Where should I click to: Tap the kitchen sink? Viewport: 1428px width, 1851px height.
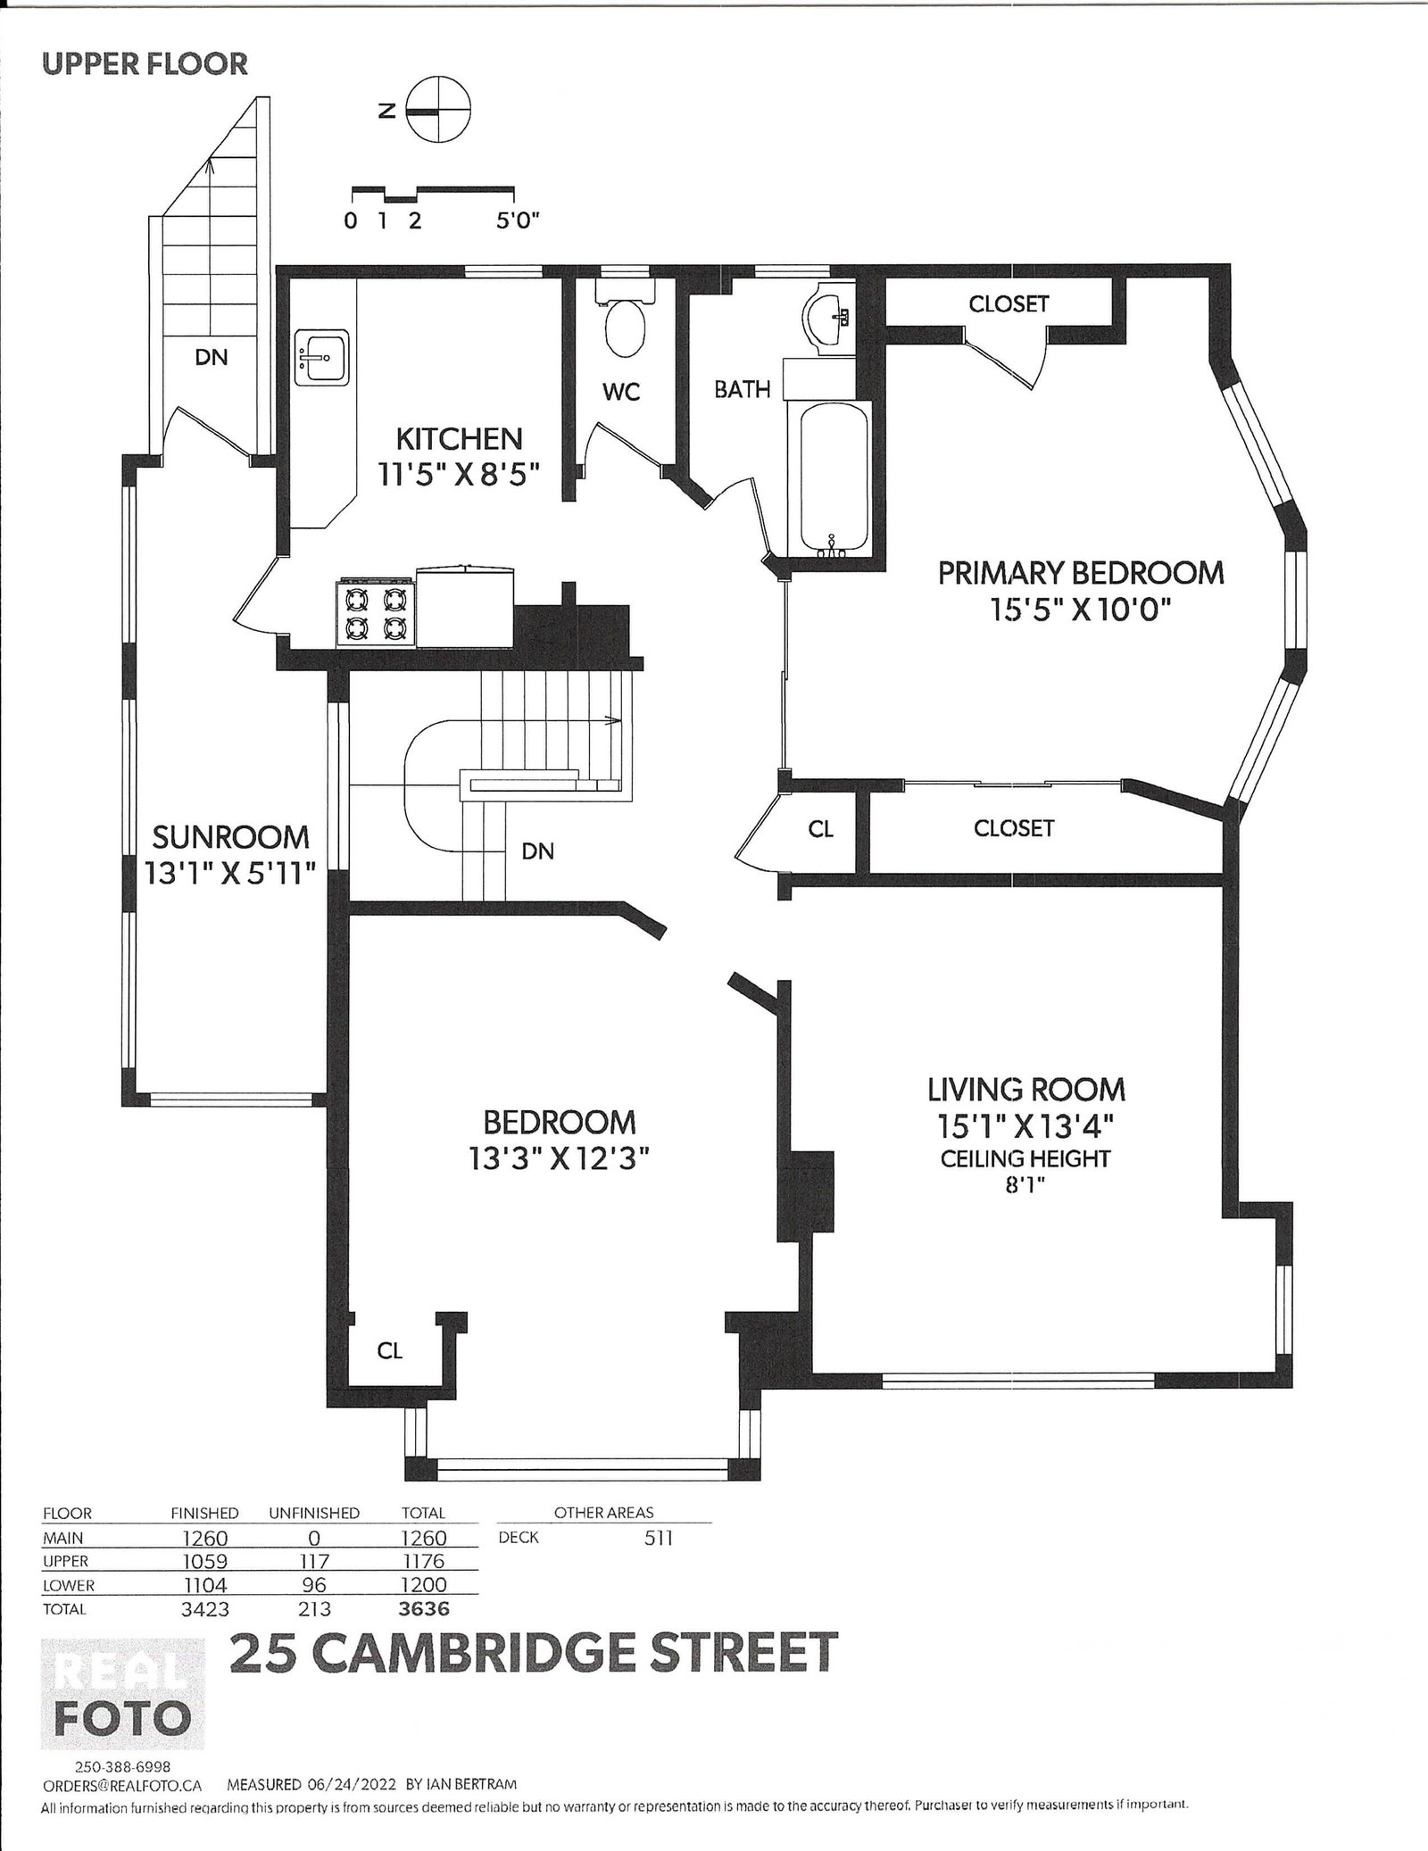pos(322,358)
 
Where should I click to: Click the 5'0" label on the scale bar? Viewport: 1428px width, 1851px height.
pos(519,220)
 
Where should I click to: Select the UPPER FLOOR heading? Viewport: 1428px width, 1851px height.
pos(145,64)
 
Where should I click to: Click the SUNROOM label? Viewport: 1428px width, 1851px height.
pos(230,836)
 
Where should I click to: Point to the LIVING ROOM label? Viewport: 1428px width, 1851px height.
pos(1025,1089)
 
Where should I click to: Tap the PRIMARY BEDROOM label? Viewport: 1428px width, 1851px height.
pos(1081,572)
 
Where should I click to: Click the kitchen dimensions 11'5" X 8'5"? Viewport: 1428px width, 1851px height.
pos(459,473)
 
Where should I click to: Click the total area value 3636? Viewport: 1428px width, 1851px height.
pos(423,1609)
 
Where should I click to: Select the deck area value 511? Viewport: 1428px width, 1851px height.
pos(658,1538)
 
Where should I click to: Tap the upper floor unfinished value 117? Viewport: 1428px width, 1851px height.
pos(313,1561)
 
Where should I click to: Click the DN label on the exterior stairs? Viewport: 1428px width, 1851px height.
pos(212,357)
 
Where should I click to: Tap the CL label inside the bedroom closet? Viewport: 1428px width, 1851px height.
pos(390,1375)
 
